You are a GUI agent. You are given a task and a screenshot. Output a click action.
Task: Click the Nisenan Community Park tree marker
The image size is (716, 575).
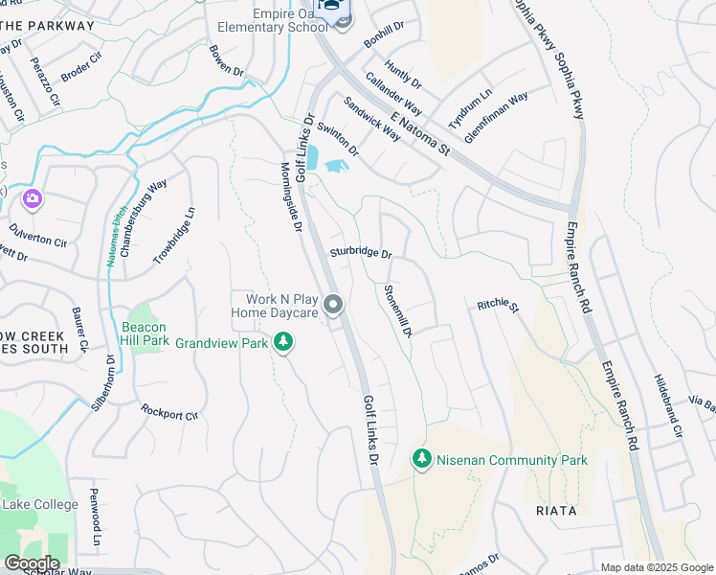(422, 460)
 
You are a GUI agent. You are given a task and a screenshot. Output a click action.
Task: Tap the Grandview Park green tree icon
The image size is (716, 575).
(282, 341)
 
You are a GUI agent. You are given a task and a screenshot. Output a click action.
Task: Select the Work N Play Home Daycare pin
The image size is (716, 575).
(333, 306)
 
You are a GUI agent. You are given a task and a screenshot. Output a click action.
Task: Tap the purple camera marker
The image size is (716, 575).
(32, 198)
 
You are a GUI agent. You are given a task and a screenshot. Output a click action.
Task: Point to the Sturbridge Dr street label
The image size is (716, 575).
(361, 254)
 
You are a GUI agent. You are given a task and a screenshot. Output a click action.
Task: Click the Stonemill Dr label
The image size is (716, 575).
(397, 311)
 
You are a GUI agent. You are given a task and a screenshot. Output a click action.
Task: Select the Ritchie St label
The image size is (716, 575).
(497, 307)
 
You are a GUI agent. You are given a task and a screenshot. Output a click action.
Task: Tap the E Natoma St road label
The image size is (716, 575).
(420, 133)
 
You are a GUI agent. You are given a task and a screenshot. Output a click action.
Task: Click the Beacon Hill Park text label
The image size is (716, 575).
(145, 333)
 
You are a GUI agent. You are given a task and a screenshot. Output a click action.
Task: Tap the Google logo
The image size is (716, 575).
(32, 563)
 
